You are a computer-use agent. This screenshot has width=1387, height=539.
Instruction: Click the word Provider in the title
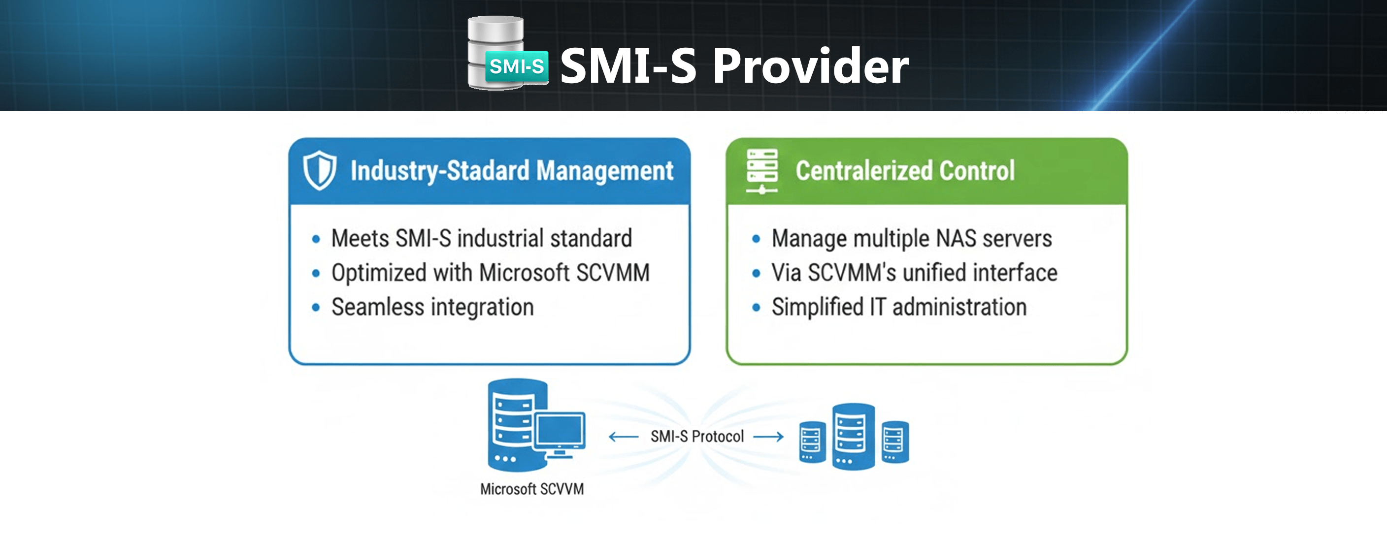point(810,67)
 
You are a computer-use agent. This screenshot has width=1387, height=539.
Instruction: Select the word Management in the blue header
point(604,171)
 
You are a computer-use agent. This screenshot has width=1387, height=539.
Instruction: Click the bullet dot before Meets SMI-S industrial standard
point(316,239)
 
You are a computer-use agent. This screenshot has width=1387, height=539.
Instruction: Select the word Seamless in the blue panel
point(377,307)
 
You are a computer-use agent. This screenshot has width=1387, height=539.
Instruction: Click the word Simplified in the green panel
point(817,307)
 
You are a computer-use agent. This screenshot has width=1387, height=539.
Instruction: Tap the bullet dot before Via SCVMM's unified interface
point(756,273)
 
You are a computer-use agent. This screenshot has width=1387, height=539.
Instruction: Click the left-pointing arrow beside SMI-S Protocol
point(624,437)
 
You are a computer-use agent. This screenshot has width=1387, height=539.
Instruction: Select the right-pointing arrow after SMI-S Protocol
point(768,437)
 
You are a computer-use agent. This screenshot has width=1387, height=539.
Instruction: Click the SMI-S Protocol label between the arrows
point(697,436)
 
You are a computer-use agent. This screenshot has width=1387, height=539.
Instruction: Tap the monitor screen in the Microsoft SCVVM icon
point(560,430)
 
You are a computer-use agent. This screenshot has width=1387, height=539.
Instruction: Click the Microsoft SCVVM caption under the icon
point(531,489)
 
